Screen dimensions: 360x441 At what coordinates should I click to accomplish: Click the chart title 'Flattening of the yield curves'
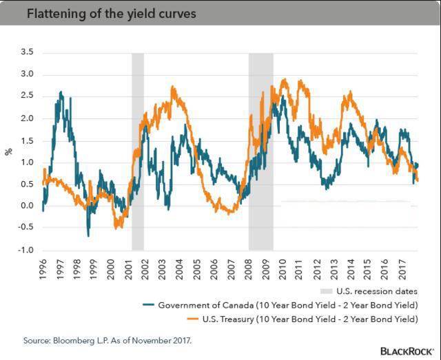(103, 12)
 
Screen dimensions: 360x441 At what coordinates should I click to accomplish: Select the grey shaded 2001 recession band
(138, 151)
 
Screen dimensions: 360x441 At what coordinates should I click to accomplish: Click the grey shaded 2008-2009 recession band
(260, 151)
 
